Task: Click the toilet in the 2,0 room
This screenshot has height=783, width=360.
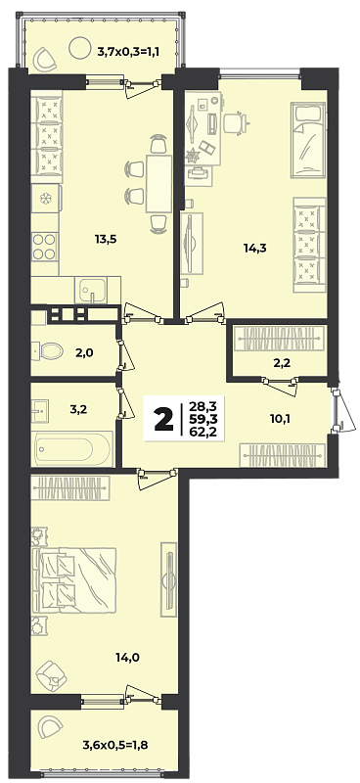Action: tap(46, 350)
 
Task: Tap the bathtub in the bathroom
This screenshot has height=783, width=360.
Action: tap(73, 448)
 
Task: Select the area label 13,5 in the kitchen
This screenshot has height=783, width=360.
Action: tap(106, 239)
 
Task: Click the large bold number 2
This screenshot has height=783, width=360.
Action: tap(160, 419)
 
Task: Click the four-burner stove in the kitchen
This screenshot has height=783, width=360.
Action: tap(44, 247)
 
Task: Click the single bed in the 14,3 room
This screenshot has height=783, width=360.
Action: tap(308, 140)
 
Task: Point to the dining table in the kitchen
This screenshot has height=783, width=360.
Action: tap(158, 184)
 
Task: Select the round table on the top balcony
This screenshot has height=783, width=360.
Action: tap(78, 48)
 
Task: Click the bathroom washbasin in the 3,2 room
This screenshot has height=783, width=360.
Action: tap(40, 409)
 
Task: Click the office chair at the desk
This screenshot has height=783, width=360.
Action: tap(235, 122)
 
